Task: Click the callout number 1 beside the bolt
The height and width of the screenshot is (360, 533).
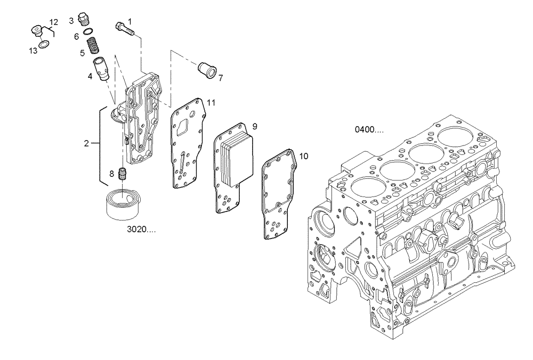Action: [x=130, y=21]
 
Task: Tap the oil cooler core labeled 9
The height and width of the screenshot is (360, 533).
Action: [x=232, y=160]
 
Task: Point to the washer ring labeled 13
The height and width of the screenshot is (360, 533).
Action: [x=45, y=43]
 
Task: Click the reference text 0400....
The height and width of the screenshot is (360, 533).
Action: [x=369, y=129]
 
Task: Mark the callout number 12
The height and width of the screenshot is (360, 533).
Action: [x=54, y=22]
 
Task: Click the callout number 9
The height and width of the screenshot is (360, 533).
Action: [x=255, y=126]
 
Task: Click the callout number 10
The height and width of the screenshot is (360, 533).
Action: [x=303, y=157]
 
